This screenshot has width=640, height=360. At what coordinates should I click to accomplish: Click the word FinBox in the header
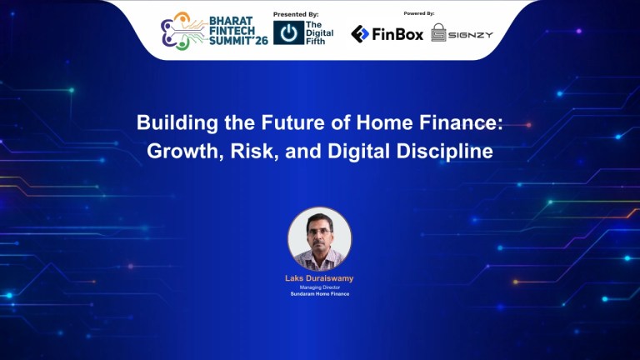click(x=398, y=34)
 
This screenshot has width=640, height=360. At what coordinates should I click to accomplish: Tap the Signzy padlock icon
click(x=439, y=33)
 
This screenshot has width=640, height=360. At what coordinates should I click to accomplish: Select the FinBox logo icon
click(x=360, y=34)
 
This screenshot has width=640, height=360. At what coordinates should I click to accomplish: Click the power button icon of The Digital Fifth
click(x=287, y=33)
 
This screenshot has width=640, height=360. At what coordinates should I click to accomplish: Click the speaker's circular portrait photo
click(x=320, y=238)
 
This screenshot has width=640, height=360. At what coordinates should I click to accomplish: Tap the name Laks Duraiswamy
click(x=320, y=277)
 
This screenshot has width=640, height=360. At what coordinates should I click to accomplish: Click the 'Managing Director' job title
click(x=320, y=287)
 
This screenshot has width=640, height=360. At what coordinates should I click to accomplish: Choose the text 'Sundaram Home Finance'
click(x=320, y=294)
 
